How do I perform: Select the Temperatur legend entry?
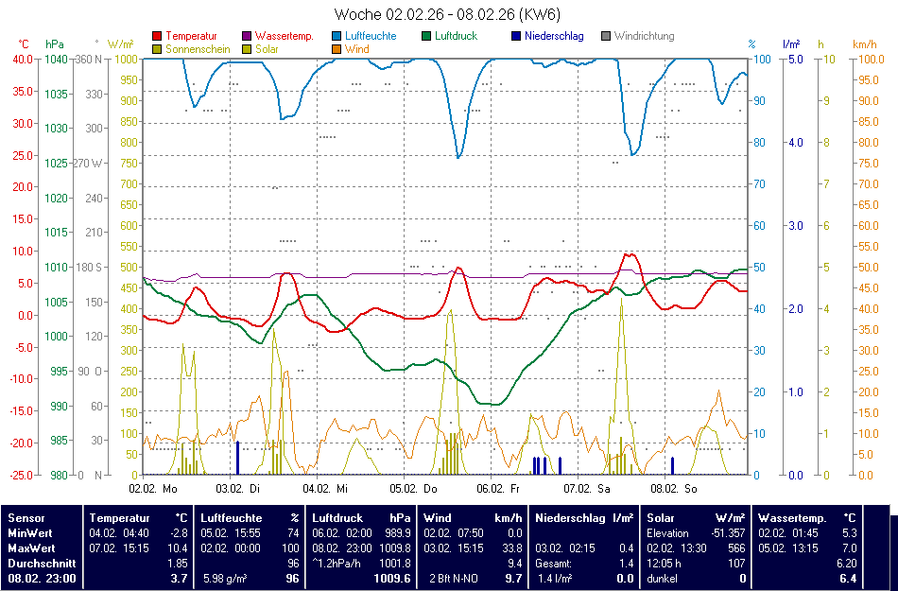pos(190,36)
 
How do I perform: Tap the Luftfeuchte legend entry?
pos(371,36)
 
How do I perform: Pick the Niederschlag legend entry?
pos(553,36)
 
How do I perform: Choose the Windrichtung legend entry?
pos(644,36)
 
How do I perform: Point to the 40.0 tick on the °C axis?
pos(22,59)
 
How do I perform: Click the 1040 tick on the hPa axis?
pos(56,59)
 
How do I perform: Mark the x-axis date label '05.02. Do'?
pos(416,489)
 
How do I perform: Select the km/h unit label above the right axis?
pos(864,44)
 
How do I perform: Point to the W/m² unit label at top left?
pos(120,44)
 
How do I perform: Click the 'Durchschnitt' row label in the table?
pos(42,563)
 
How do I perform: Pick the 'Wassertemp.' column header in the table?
pos(792,518)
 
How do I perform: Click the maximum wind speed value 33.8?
pos(510,548)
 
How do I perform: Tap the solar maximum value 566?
pos(736,548)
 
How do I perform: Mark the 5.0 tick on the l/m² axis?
pos(795,59)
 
